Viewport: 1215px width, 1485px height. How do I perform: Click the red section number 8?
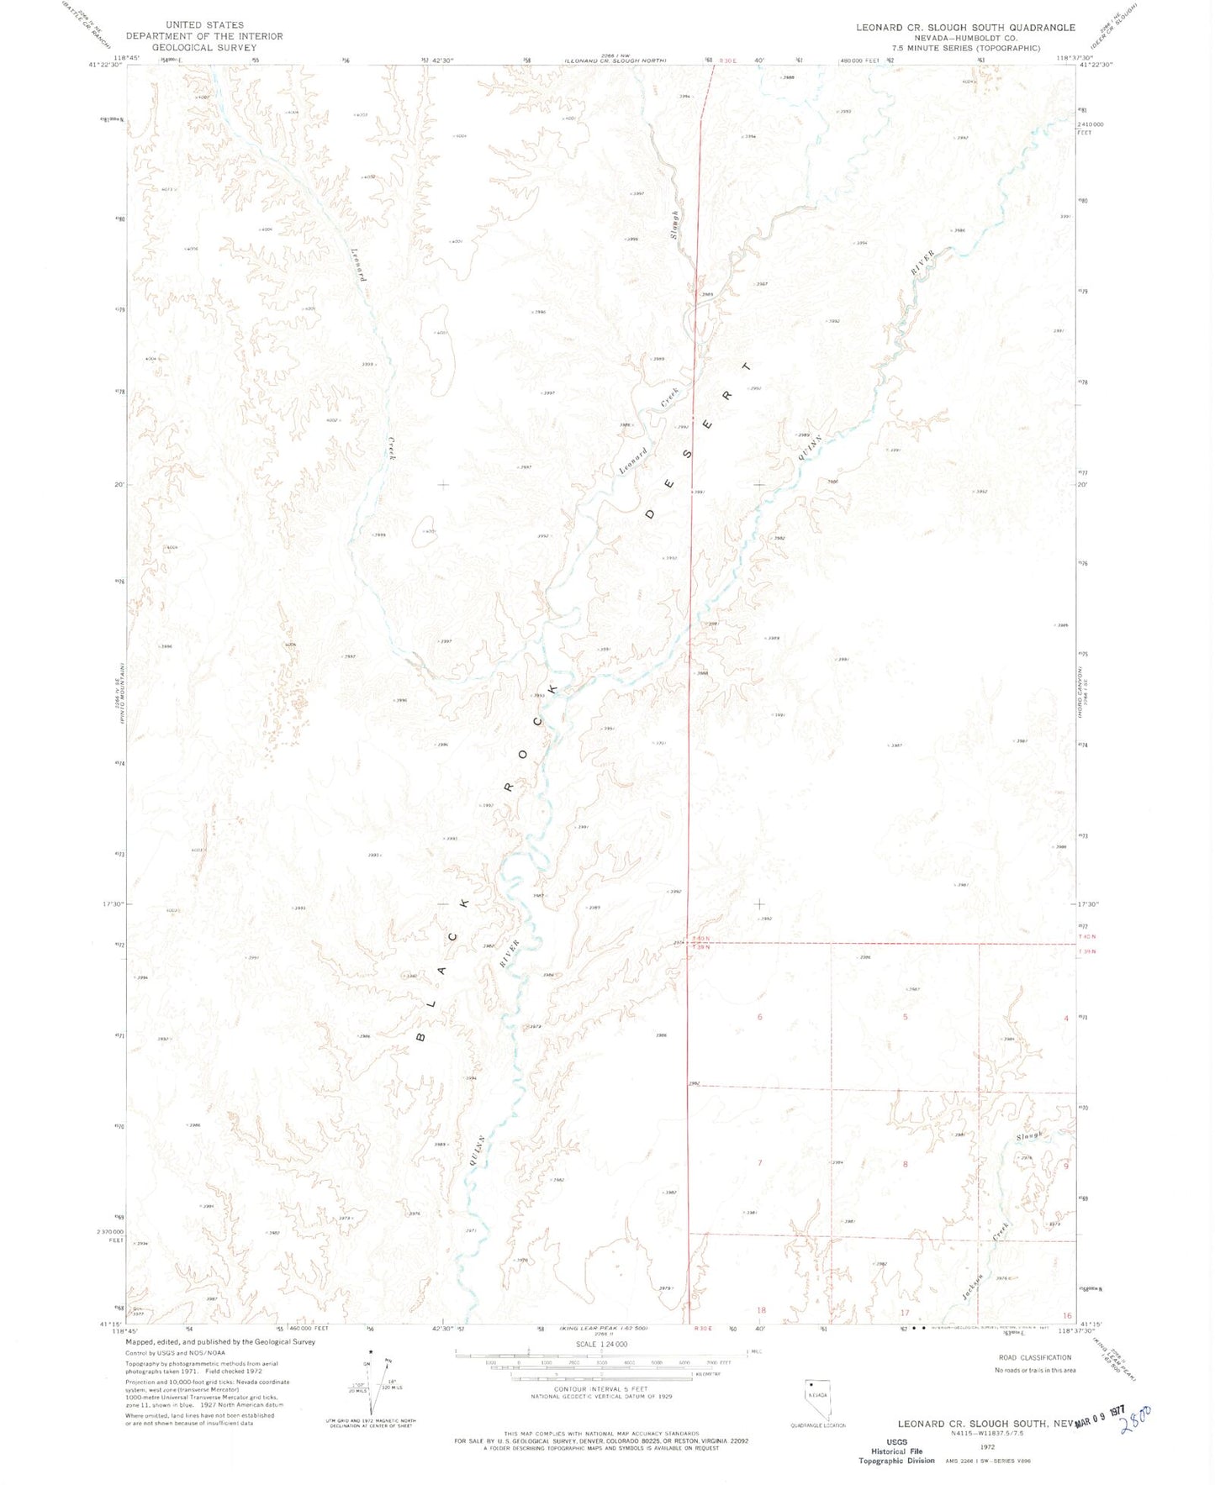click(905, 1164)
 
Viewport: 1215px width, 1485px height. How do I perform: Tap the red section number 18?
click(762, 1309)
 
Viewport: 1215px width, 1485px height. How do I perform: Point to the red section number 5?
click(905, 1017)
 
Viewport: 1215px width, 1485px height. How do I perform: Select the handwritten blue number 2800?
click(1138, 1420)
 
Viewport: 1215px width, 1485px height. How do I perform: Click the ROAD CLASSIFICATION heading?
click(1034, 1357)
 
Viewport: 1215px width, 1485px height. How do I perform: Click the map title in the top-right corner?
click(965, 28)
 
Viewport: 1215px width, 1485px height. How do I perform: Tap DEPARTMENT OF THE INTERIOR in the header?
click(204, 36)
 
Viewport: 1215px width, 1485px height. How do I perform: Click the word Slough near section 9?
click(1029, 1135)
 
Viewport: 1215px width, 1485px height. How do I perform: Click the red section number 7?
click(760, 1164)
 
